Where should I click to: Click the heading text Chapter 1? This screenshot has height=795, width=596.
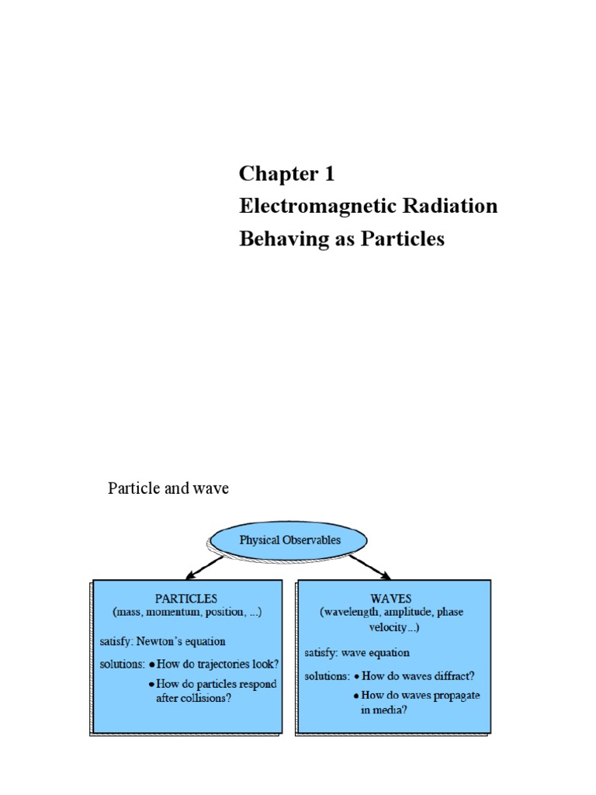pyautogui.click(x=286, y=174)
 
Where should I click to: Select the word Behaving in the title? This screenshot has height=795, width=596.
pyautogui.click(x=275, y=239)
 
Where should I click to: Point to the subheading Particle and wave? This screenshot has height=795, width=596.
pyautogui.click(x=168, y=489)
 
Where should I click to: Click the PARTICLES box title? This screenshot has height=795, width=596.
pyautogui.click(x=186, y=599)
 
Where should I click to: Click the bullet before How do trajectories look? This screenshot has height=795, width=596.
pyautogui.click(x=151, y=665)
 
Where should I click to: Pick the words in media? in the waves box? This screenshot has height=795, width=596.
pyautogui.click(x=383, y=710)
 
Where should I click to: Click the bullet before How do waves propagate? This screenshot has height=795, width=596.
pyautogui.click(x=357, y=696)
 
